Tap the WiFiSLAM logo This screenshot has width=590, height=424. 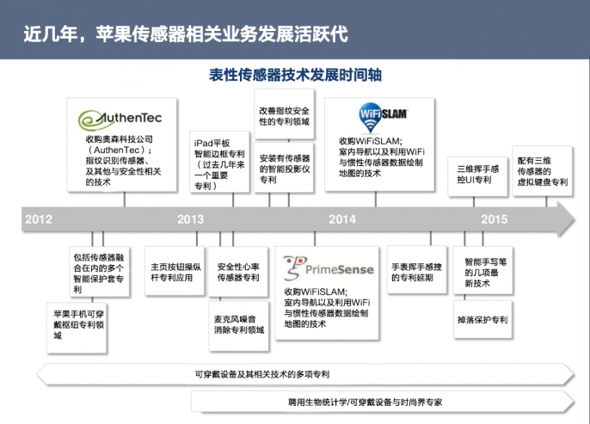pos(383,113)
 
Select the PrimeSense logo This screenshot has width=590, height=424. pos(329,268)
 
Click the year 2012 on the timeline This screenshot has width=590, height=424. pos(40,219)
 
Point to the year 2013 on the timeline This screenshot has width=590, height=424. pos(190,219)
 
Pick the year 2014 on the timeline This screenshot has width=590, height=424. pos(342,219)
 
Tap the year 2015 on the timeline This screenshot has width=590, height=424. pos(494,219)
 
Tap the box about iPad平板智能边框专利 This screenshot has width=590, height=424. pos(218,163)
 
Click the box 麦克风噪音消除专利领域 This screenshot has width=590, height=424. pos(239,323)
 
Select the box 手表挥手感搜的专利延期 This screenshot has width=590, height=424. pos(421,272)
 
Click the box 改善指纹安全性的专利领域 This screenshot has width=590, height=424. pos(285,117)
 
